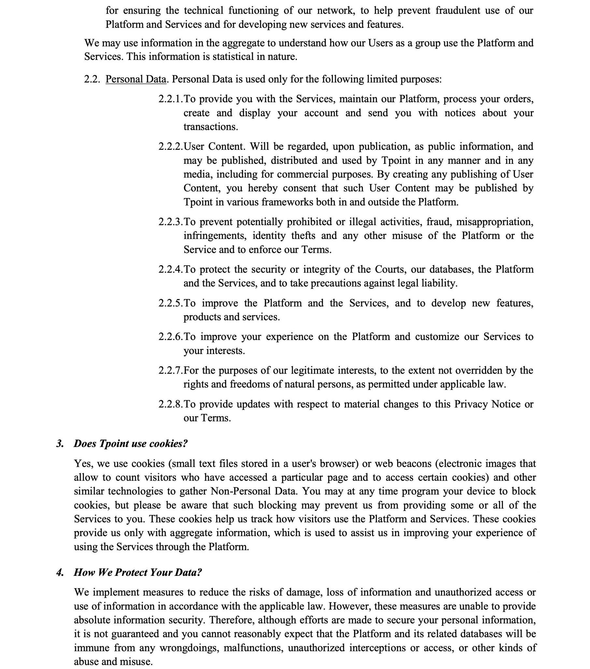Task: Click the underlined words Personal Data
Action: pyautogui.click(x=136, y=79)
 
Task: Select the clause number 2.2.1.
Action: pyautogui.click(x=170, y=99)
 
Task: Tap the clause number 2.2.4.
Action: pyautogui.click(x=170, y=269)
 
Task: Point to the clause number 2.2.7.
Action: pyautogui.click(x=170, y=370)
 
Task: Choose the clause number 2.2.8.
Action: pyautogui.click(x=170, y=404)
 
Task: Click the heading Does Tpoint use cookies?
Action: pyautogui.click(x=130, y=444)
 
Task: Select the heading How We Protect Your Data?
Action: pyautogui.click(x=137, y=572)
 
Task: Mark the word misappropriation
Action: pyautogui.click(x=495, y=222)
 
